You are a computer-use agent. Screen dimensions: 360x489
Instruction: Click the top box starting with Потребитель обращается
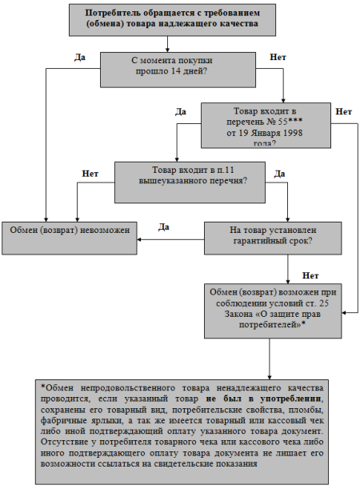(x=172, y=20)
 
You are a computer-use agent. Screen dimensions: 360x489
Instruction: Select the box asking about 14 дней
(x=178, y=70)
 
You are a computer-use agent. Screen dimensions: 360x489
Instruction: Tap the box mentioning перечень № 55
(x=266, y=126)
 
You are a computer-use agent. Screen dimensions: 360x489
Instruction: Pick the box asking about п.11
(x=190, y=182)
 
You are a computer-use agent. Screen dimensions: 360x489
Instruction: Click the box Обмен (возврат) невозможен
(x=69, y=238)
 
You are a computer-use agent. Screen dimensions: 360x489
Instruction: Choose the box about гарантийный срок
(x=273, y=238)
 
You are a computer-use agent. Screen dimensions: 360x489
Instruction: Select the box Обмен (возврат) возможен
(x=273, y=311)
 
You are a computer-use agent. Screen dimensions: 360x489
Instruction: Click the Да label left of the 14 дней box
(x=80, y=58)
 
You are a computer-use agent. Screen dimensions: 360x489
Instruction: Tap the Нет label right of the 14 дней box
(x=278, y=57)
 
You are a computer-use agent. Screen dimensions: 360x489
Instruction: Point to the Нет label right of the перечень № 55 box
(x=343, y=112)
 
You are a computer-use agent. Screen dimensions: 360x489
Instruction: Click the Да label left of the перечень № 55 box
(x=181, y=112)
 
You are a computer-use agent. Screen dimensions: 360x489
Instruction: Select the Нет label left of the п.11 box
(x=90, y=174)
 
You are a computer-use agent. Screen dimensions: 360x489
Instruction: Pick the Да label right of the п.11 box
(x=279, y=174)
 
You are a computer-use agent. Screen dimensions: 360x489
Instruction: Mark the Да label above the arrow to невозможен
(x=164, y=227)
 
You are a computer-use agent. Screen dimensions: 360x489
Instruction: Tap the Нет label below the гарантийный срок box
(x=310, y=275)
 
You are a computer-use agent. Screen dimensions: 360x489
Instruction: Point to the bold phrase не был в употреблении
(x=263, y=399)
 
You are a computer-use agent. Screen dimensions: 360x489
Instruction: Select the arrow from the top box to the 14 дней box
(x=167, y=44)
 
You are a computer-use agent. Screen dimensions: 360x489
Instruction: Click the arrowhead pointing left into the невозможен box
(x=139, y=239)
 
